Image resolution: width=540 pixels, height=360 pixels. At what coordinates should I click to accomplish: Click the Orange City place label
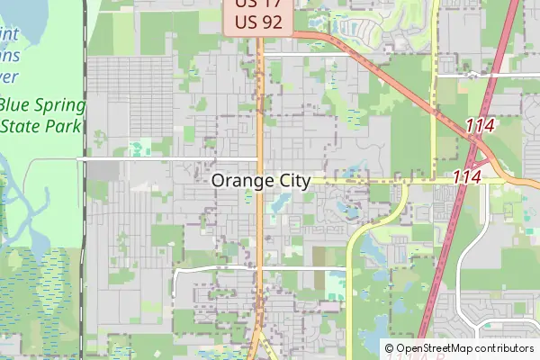point(261,181)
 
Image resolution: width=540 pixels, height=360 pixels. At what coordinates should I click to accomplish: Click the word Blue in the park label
point(16,105)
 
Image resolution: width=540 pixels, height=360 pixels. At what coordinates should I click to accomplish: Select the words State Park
point(42,125)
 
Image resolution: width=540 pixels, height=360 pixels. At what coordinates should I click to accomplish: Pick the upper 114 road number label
point(480,128)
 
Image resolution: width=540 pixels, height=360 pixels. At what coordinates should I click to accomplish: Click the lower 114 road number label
point(467,177)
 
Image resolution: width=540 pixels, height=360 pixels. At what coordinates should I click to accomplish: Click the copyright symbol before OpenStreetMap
point(389,348)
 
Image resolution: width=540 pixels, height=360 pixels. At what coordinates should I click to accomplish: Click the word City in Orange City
point(290,181)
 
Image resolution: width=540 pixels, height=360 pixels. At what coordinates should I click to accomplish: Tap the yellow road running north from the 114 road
point(434,90)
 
